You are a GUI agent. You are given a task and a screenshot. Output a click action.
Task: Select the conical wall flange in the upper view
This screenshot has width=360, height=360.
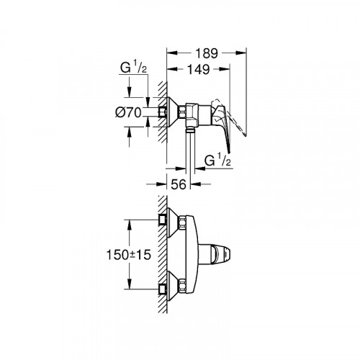pyautogui.click(x=171, y=112)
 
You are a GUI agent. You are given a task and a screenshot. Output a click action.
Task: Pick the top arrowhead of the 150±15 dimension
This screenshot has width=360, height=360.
pyautogui.click(x=131, y=220)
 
